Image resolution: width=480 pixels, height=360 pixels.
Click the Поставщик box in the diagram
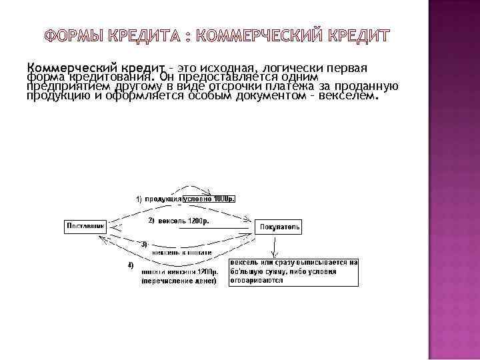pos(85,227)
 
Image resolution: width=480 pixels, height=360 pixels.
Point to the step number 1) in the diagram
pos(139,199)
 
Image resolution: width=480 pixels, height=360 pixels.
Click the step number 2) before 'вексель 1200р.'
pos(151,220)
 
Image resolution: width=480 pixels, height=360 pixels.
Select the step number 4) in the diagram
pos(131,265)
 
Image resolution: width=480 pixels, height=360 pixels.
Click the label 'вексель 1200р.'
pos(183,220)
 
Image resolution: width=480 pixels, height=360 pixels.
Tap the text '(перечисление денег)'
pos(179,281)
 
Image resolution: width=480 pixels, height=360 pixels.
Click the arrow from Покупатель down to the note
pos(273,246)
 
